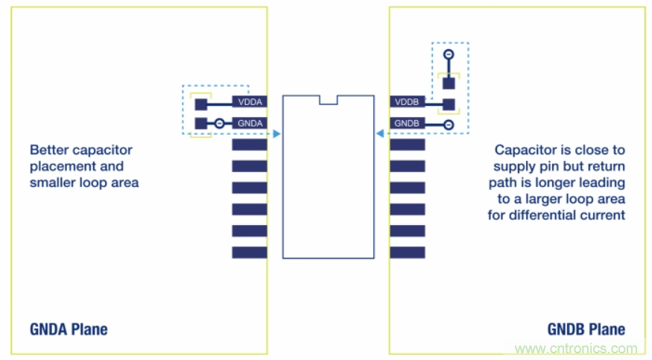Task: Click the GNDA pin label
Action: point(250,123)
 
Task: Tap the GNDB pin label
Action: point(408,123)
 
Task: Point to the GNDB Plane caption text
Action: point(587,329)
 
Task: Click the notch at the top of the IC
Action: point(328,99)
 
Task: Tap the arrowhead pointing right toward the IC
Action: point(276,134)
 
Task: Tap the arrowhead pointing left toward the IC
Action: point(379,134)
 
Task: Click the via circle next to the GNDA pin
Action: point(220,123)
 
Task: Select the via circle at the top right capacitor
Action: point(448,55)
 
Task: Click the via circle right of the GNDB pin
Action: point(448,124)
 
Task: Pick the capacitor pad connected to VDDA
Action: point(200,104)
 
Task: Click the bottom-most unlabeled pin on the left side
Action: point(250,253)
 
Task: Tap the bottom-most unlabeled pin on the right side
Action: point(408,253)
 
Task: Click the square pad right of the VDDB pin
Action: point(448,104)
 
